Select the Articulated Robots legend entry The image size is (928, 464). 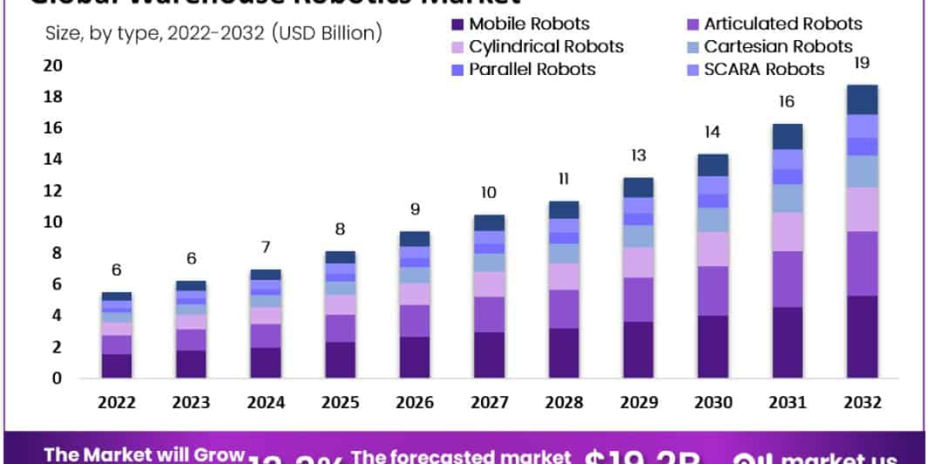click(762, 24)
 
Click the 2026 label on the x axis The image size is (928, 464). click(415, 403)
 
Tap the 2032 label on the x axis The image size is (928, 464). click(861, 403)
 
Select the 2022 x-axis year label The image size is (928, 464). click(117, 403)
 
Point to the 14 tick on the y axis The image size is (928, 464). click(53, 159)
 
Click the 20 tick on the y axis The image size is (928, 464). click(53, 66)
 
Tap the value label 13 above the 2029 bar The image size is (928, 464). click(638, 156)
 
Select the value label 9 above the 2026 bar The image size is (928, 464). click(415, 209)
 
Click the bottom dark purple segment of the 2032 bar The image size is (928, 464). click(861, 337)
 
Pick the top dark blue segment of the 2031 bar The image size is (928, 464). click(787, 136)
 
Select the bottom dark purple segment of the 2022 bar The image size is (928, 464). click(117, 366)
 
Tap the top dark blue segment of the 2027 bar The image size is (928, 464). click(489, 223)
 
